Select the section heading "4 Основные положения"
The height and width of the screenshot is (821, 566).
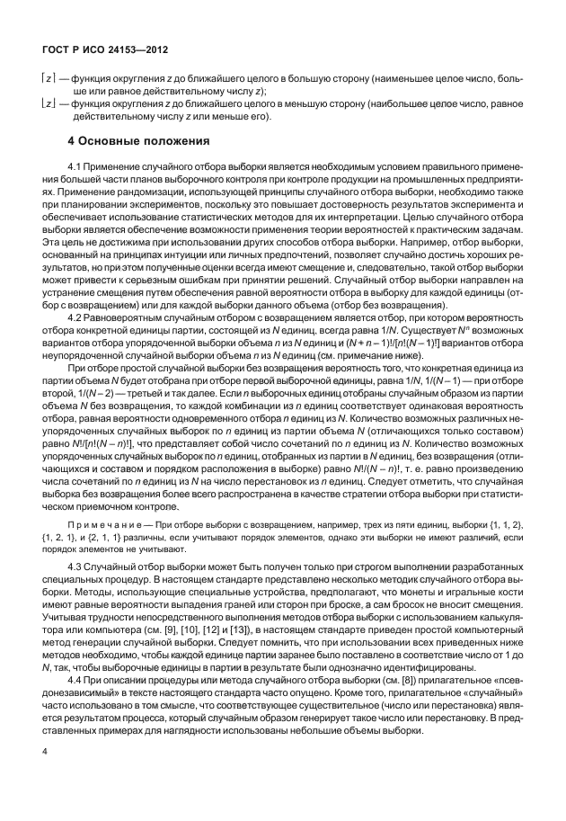click(x=139, y=141)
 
